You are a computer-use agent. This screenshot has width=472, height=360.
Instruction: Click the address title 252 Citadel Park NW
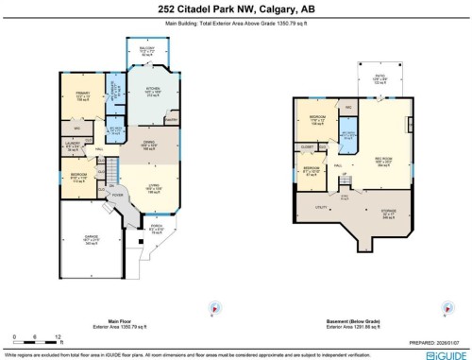tap(235, 10)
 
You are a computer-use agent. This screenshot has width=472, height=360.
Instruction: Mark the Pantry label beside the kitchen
tap(170, 121)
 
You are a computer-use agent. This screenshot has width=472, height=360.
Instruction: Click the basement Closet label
tap(308, 147)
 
